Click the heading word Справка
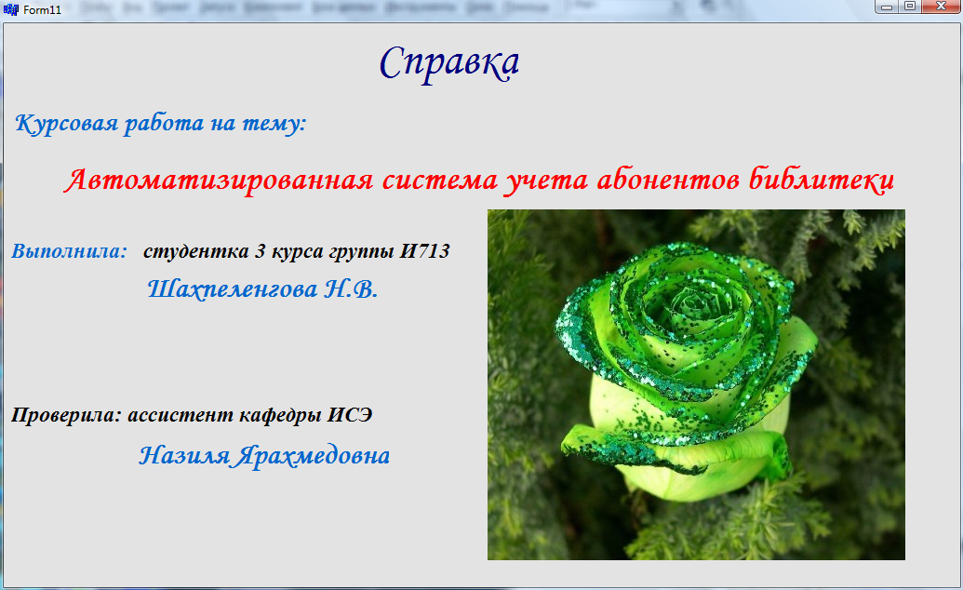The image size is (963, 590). click(449, 63)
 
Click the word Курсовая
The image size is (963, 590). click(66, 123)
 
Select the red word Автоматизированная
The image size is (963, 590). click(219, 181)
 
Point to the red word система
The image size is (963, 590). click(440, 181)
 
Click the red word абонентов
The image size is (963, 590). click(668, 179)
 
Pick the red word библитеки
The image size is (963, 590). click(822, 180)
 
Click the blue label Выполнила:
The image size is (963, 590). click(70, 250)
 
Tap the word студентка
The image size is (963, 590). click(196, 251)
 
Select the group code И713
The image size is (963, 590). click(425, 250)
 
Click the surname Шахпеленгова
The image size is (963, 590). click(233, 288)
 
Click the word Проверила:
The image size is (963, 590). click(66, 415)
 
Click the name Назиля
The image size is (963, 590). click(184, 455)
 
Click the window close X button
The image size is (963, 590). click(941, 7)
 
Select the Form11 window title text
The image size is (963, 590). click(43, 10)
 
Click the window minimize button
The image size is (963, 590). click(887, 7)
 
